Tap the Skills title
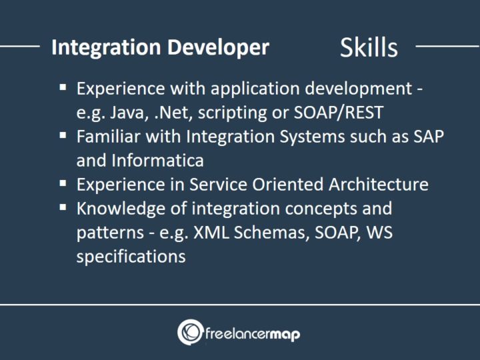369,47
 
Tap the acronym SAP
429,136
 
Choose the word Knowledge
117,208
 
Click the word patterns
107,232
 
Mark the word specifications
131,256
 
